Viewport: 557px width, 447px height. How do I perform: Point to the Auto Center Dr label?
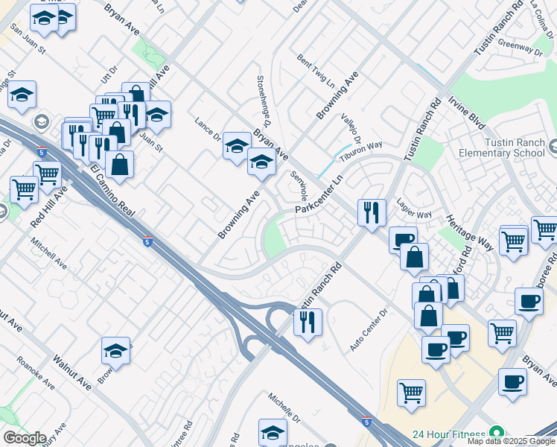(369, 331)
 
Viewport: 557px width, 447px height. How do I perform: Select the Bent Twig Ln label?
(316, 69)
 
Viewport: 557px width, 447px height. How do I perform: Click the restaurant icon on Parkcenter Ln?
(371, 212)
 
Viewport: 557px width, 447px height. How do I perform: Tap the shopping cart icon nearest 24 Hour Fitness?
(411, 392)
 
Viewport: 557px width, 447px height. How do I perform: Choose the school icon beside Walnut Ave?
(116, 350)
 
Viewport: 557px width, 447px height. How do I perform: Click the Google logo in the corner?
(24, 438)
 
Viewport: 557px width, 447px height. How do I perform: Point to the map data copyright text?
(511, 441)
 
